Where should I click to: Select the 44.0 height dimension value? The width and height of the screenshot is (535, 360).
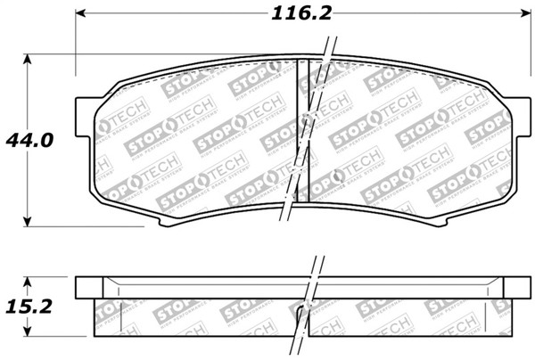(x=29, y=141)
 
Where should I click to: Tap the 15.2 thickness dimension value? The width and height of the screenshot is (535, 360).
(x=29, y=306)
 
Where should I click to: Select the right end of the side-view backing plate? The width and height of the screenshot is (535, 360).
(x=522, y=288)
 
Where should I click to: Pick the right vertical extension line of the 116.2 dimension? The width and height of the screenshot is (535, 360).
(x=527, y=53)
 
